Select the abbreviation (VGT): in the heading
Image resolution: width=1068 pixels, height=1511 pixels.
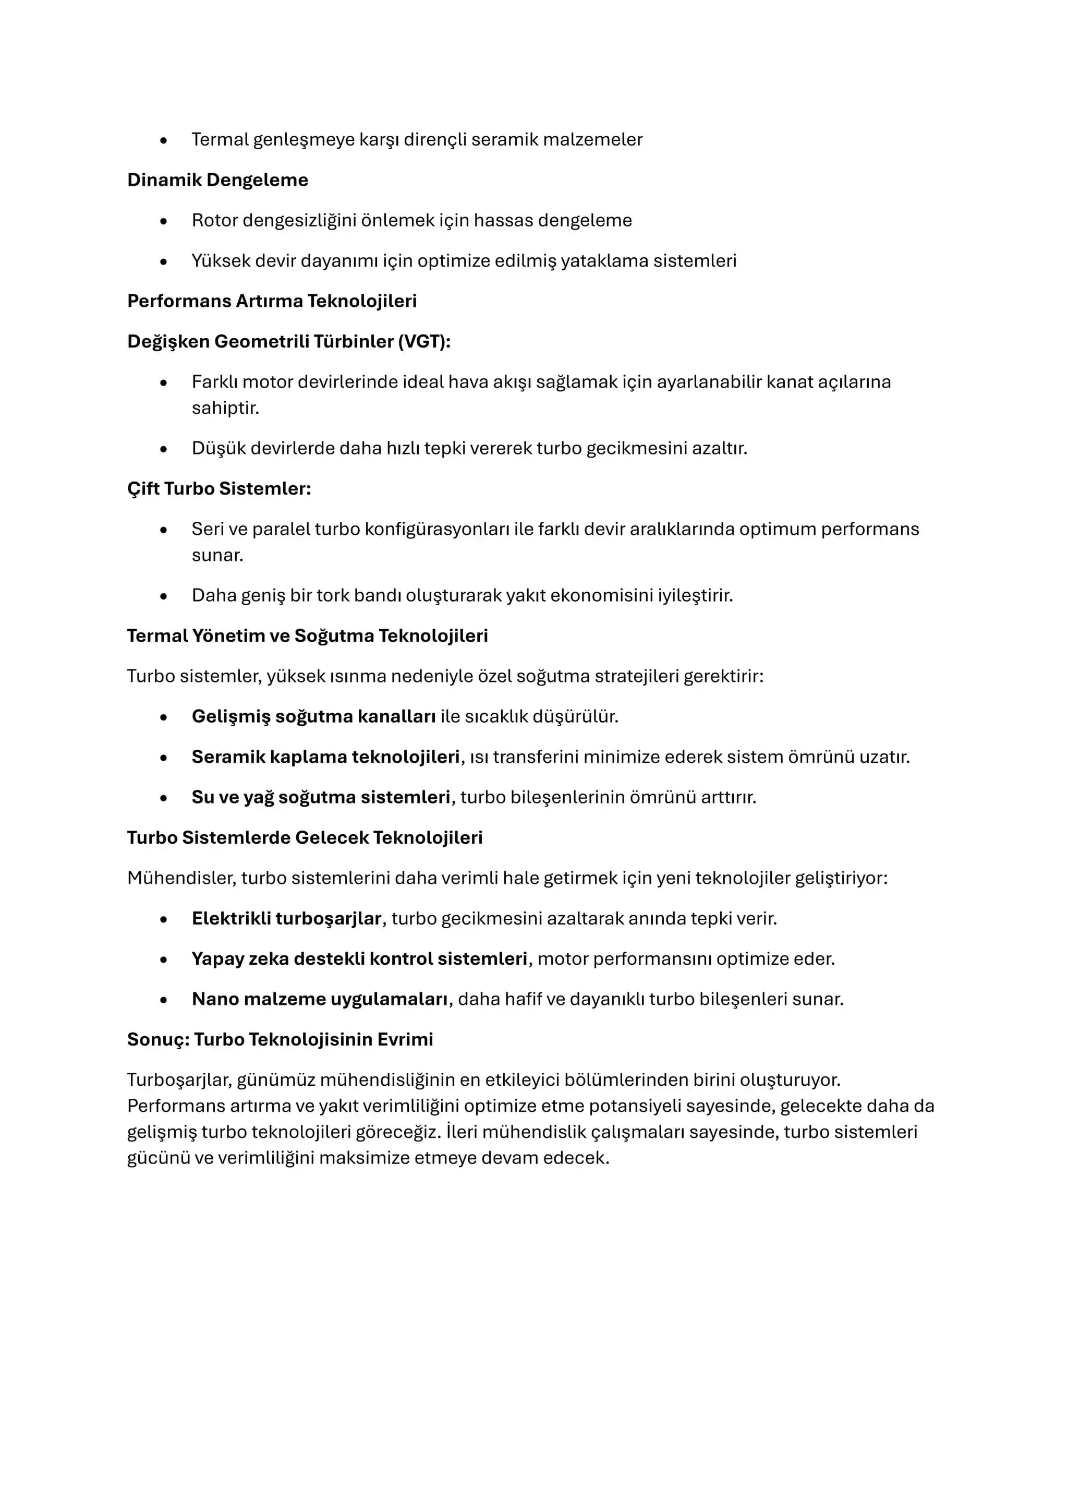click(424, 342)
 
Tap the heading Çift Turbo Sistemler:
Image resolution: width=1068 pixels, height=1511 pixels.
click(219, 488)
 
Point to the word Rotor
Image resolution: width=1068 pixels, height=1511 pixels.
click(214, 221)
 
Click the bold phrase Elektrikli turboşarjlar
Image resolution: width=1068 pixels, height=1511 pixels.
click(286, 918)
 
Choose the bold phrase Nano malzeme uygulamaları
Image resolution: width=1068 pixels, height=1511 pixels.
click(320, 999)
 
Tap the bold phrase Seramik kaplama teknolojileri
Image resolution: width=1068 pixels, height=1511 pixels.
click(325, 757)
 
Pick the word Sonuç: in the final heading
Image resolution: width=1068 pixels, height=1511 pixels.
click(158, 1039)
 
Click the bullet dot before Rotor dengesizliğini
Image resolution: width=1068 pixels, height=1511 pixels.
click(164, 221)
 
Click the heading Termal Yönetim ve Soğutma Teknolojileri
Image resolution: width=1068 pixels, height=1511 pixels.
click(307, 635)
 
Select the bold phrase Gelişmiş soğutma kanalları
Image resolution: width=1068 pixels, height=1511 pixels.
click(313, 717)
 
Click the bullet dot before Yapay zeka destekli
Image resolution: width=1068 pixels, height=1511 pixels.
click(164, 960)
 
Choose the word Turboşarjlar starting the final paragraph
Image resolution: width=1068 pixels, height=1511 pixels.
click(179, 1080)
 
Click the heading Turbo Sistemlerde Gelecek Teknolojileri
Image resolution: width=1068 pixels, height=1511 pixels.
click(305, 838)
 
